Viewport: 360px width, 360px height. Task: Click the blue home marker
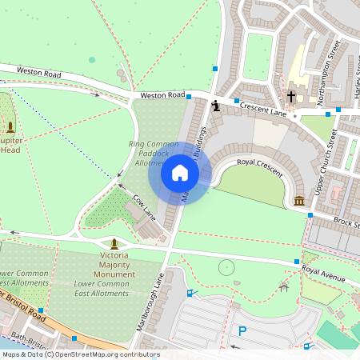[x=180, y=173]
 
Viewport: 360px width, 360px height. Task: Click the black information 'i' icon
[x=215, y=104]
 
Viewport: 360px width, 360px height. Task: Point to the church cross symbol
[x=291, y=97]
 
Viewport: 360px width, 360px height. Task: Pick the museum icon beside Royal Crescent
[x=299, y=199]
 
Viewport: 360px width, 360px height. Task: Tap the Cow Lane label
[x=144, y=206]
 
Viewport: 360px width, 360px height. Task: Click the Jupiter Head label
[x=10, y=144]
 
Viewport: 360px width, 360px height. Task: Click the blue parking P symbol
[x=242, y=330]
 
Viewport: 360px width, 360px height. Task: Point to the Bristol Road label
[x=24, y=305]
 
